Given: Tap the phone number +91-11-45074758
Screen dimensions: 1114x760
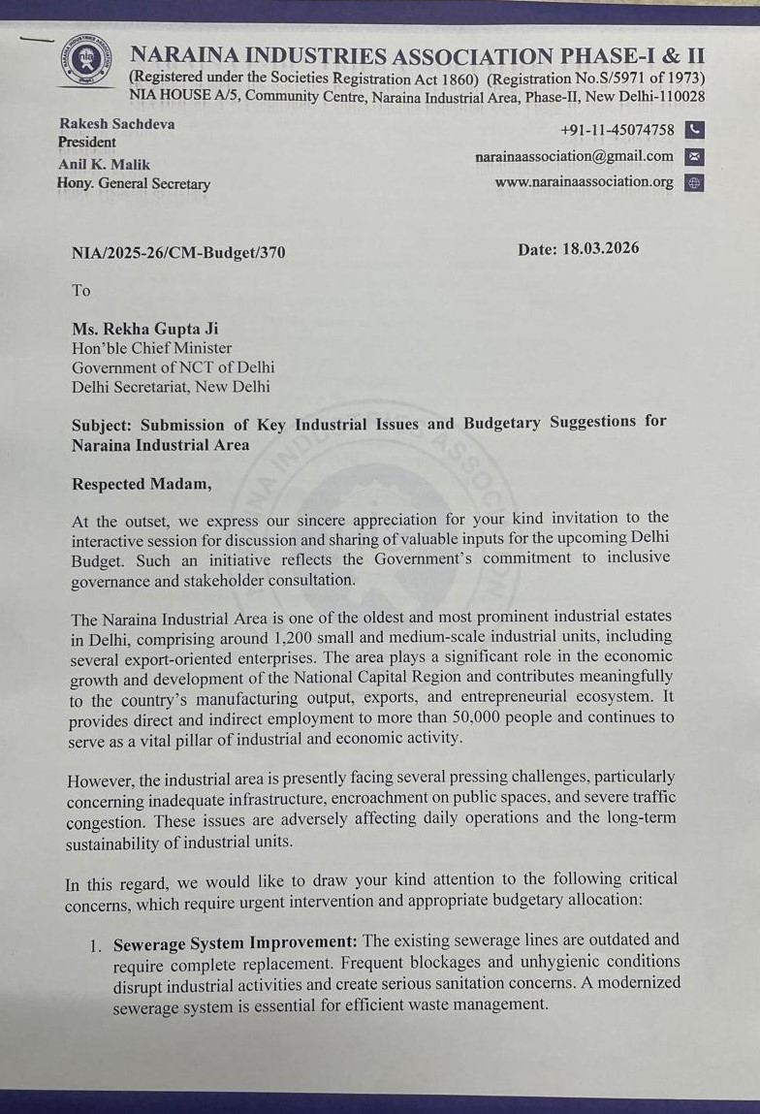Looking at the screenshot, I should (x=617, y=130).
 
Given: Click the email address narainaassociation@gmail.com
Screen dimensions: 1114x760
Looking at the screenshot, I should (x=574, y=156).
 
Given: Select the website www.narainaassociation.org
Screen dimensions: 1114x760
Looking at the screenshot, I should (x=584, y=182).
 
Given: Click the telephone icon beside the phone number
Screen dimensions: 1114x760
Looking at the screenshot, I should (x=693, y=130).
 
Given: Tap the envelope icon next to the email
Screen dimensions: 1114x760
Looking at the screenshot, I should (x=693, y=156).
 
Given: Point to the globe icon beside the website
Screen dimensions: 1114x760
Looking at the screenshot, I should (x=693, y=182).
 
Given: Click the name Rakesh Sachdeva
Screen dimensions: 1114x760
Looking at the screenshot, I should (x=116, y=124).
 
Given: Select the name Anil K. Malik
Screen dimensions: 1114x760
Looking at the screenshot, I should (x=104, y=165).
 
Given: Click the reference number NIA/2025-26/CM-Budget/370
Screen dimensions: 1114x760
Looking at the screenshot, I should (x=178, y=253).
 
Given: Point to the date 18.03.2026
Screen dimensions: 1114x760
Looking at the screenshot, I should (x=601, y=249).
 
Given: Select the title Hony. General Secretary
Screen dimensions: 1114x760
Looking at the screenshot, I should (x=134, y=183).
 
